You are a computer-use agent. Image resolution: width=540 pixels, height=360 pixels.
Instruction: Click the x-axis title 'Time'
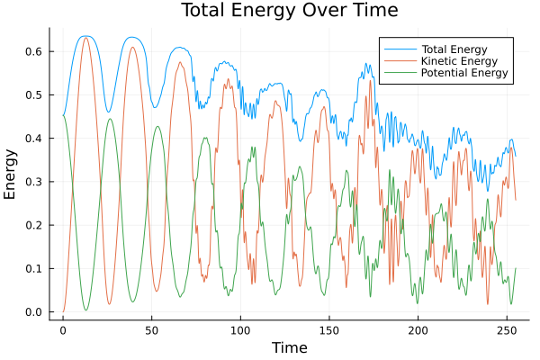pyautogui.click(x=289, y=347)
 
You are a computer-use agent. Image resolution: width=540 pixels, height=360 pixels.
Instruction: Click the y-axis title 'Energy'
pyautogui.click(x=11, y=174)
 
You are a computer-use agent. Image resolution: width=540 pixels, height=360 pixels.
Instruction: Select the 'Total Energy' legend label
pyautogui.click(x=453, y=48)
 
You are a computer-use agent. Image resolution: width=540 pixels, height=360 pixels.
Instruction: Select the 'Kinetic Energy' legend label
pyautogui.click(x=457, y=60)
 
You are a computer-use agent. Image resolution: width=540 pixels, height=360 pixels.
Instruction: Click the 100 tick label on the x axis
pyautogui.click(x=240, y=329)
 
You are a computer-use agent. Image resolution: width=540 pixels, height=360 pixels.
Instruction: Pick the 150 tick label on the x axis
pyautogui.click(x=328, y=329)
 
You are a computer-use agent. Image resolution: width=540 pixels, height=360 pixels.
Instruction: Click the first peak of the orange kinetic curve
pyautogui.click(x=86, y=37)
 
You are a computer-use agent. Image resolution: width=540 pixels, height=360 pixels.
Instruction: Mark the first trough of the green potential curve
pyautogui.click(x=86, y=310)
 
